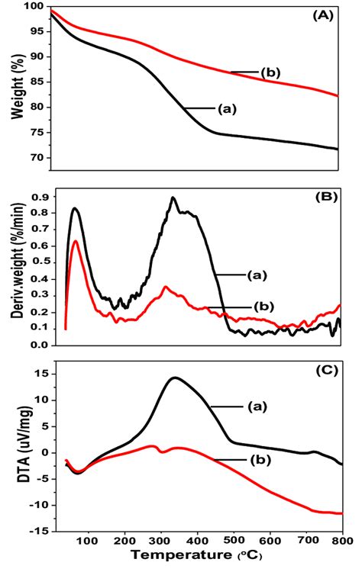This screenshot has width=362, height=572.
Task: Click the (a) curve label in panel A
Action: click(x=228, y=109)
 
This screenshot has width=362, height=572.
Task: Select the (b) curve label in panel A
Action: click(x=272, y=73)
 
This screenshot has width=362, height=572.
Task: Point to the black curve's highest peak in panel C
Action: click(x=175, y=378)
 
